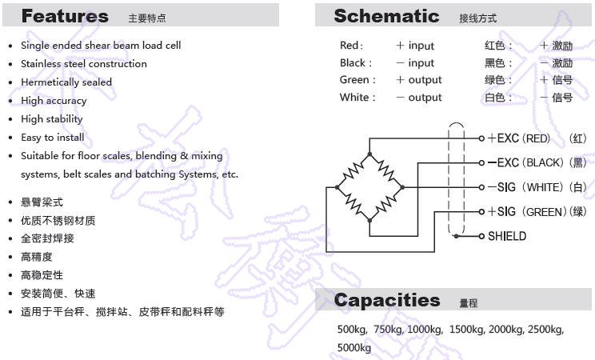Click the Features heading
pos(65,16)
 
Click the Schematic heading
pos(386,16)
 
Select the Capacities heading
pos(387,300)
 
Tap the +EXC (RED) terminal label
pos(519,138)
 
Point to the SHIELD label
pos(507,236)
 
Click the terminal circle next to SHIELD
pos(481,236)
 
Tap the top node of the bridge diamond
pos(369,154)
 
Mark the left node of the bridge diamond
pos(337,187)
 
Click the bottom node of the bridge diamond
pos(369,220)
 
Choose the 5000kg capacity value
pos(354,347)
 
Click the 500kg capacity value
pos(352,329)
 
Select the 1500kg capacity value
pos(467,329)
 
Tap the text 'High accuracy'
pos(54,101)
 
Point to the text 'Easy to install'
pos(53,137)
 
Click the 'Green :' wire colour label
pos(357,80)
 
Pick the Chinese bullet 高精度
pos(37,257)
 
